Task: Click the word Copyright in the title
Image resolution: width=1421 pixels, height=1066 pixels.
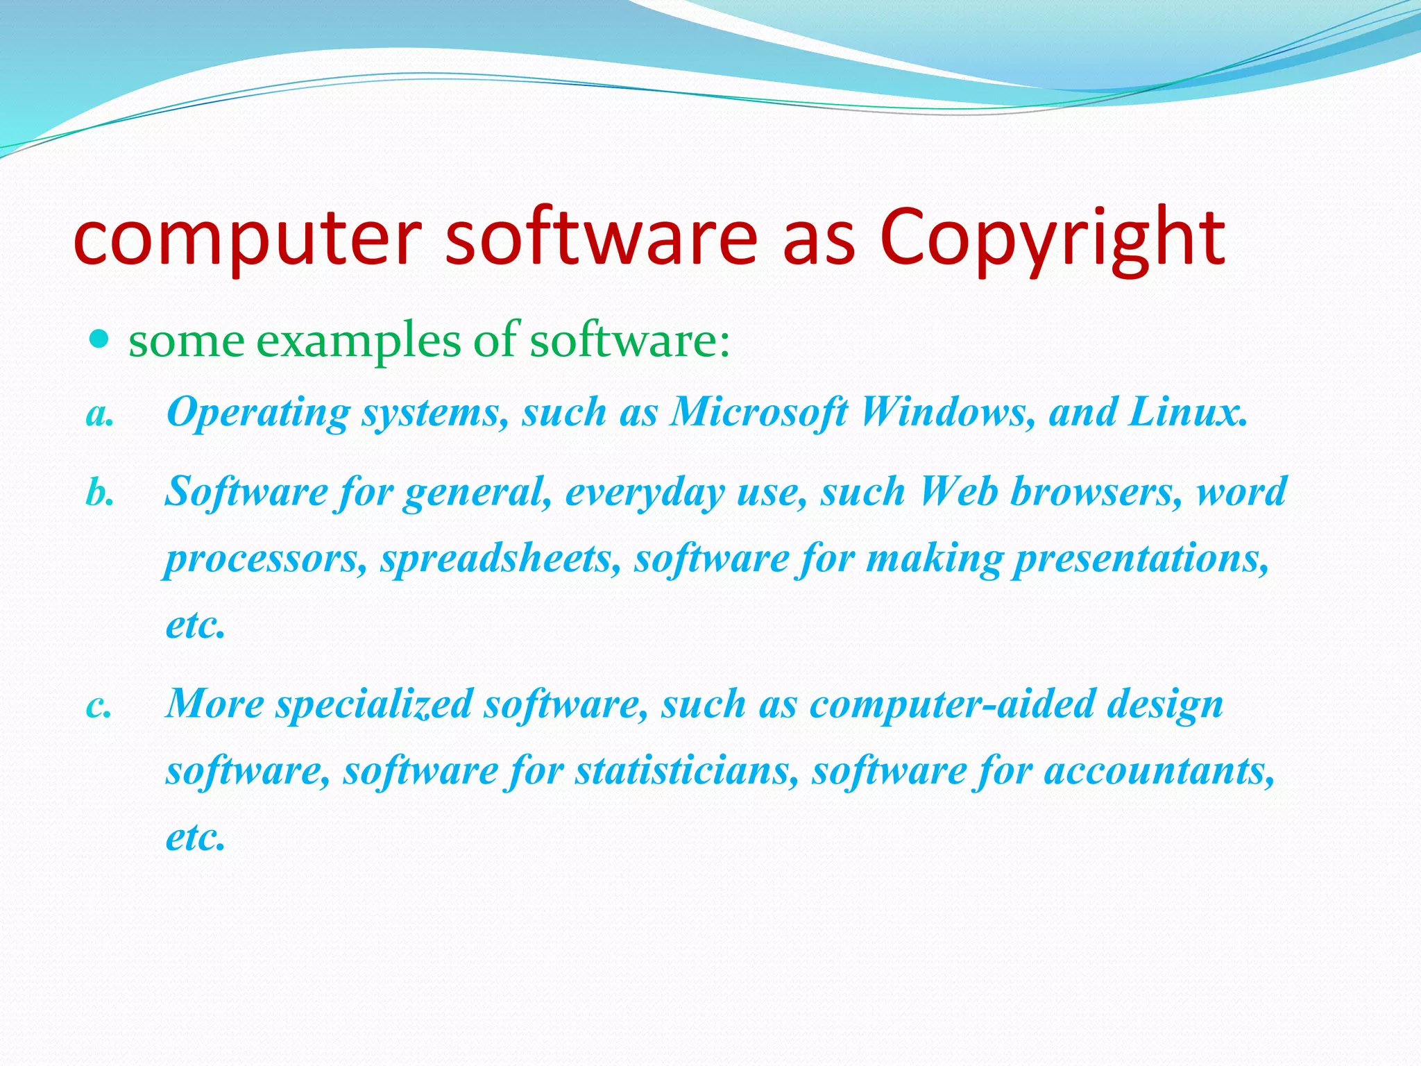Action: tap(1052, 237)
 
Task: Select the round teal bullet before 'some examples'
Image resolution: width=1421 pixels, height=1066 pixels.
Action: tap(101, 339)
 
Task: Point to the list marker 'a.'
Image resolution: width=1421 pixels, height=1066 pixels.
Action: tap(100, 414)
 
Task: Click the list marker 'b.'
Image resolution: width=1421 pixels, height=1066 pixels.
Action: tap(100, 493)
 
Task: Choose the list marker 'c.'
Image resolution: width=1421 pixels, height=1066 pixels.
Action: tap(99, 706)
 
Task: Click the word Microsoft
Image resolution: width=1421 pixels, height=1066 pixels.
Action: tap(758, 412)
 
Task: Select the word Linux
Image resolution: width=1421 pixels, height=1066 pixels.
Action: tap(1187, 412)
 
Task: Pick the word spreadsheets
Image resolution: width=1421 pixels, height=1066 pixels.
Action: tap(500, 559)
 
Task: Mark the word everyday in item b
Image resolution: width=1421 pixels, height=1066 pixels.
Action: tap(645, 493)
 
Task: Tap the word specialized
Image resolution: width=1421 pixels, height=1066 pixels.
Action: tap(375, 704)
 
